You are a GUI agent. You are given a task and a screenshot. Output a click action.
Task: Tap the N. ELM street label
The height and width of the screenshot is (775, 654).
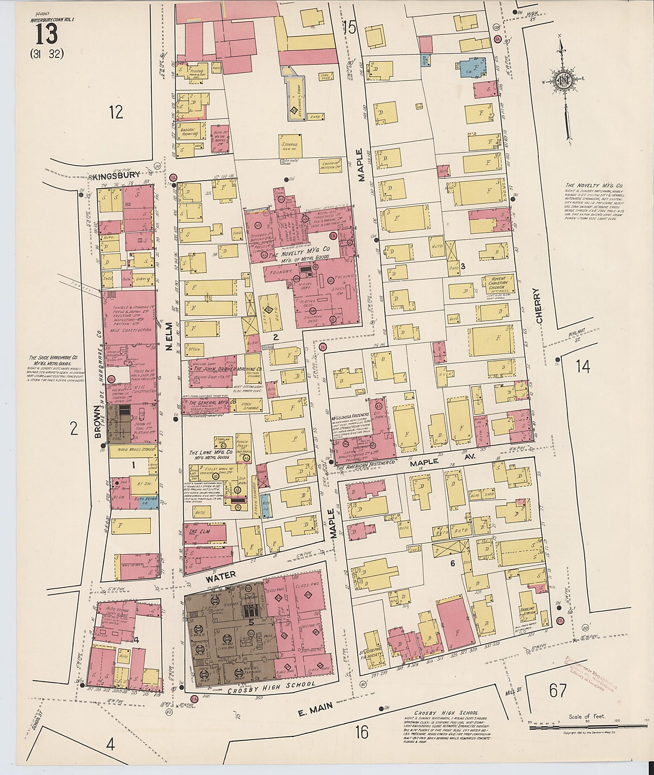click(x=168, y=340)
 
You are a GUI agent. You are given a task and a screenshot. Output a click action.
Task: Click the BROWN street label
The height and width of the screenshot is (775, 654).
click(x=98, y=423)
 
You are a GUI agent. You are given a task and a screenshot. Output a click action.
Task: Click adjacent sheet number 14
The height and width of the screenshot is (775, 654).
click(x=582, y=367)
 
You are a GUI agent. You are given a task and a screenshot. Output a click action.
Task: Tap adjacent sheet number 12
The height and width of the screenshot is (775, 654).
click(x=116, y=112)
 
